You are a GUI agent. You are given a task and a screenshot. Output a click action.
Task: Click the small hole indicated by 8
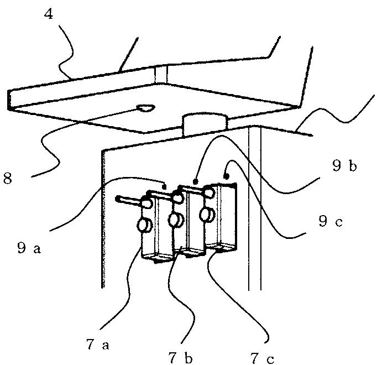click(146, 109)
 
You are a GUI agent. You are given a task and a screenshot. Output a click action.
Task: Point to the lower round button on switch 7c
click(207, 215)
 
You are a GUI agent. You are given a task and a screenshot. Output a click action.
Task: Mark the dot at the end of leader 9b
click(195, 180)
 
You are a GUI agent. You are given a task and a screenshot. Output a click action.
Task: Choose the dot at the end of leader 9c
click(226, 176)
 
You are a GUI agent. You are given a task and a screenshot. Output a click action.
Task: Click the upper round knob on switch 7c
click(210, 192)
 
